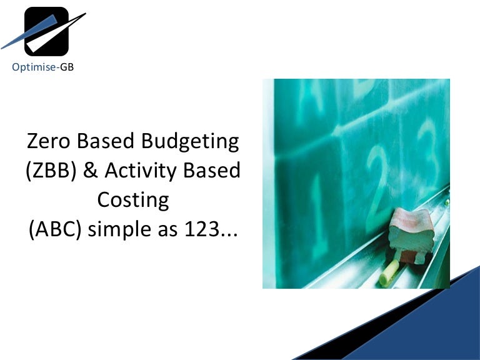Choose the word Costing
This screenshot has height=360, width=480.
pos(132,201)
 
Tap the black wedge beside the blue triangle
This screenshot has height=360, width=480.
pos(350,337)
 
